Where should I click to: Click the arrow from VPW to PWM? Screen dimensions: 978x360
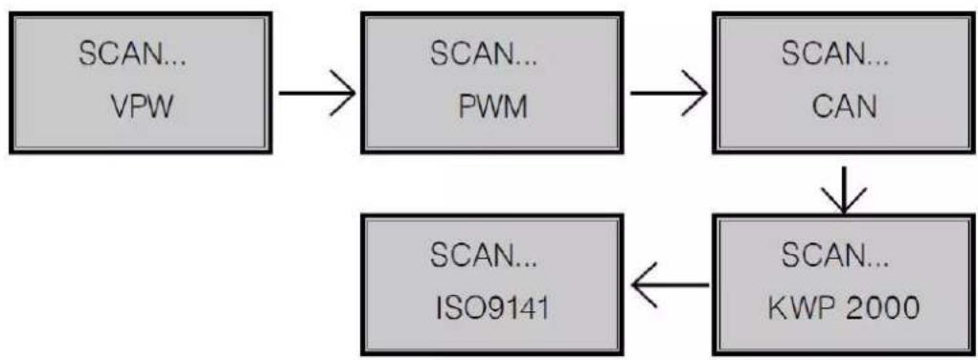point(317,94)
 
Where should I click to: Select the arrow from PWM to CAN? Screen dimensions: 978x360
point(669,94)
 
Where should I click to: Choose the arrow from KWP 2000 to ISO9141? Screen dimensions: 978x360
point(669,284)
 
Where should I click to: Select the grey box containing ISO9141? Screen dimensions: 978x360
point(492,284)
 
